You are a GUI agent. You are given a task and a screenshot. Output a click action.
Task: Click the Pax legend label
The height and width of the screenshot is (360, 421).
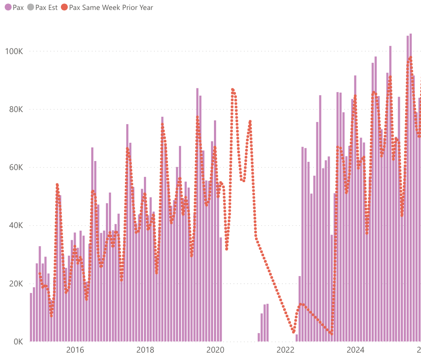coord(18,7)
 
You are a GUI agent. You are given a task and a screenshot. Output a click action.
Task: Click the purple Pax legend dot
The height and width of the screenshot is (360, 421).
coord(8,7)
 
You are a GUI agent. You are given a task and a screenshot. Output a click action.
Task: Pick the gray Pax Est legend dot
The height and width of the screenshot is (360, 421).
coord(30,7)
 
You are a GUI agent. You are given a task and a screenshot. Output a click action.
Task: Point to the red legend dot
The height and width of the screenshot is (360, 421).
coord(64,7)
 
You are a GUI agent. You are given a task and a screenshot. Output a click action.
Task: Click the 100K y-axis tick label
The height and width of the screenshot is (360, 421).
coord(14,51)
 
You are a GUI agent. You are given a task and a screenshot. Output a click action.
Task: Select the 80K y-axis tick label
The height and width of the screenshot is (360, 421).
coord(16,109)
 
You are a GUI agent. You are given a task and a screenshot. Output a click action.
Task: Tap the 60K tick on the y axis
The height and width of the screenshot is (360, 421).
coord(16,167)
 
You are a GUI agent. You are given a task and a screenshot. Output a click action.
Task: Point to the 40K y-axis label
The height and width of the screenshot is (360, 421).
coord(16,225)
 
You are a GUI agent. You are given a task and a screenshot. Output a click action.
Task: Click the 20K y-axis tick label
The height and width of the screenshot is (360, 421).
coord(16,284)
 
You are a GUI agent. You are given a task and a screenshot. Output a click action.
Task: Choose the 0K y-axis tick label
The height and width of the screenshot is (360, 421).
coord(17,342)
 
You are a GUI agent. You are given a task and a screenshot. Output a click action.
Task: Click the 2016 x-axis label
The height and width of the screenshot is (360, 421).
coord(75,350)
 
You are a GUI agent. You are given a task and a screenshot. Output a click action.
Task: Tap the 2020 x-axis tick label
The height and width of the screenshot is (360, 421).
coord(215,350)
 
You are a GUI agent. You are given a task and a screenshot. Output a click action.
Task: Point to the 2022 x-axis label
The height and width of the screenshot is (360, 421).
coord(285,350)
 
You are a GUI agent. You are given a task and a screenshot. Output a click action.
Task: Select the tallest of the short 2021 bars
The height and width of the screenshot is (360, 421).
coord(268,323)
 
